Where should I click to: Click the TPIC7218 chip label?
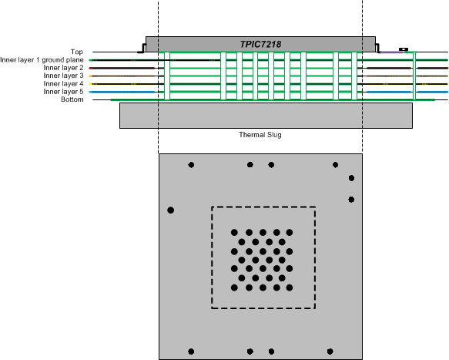tap(259, 44)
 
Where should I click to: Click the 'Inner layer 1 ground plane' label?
tap(42, 59)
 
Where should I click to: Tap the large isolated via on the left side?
tap(171, 210)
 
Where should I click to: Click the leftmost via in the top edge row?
tap(191, 165)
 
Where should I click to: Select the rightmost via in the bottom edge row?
tap(330, 352)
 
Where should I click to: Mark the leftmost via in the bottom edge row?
tap(191, 352)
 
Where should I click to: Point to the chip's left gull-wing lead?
tap(142, 49)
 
